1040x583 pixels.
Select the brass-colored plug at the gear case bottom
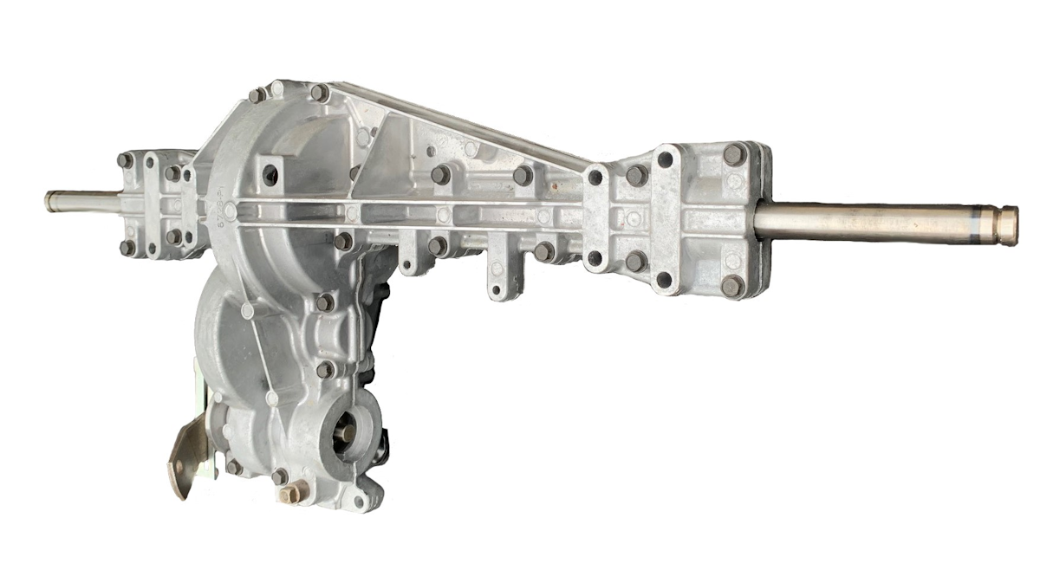[289, 493]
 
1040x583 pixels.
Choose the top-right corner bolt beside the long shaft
[733, 155]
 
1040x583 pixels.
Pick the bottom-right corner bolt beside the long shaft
[733, 285]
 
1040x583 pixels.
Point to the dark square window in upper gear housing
[270, 173]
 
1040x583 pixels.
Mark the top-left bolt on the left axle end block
[126, 161]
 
